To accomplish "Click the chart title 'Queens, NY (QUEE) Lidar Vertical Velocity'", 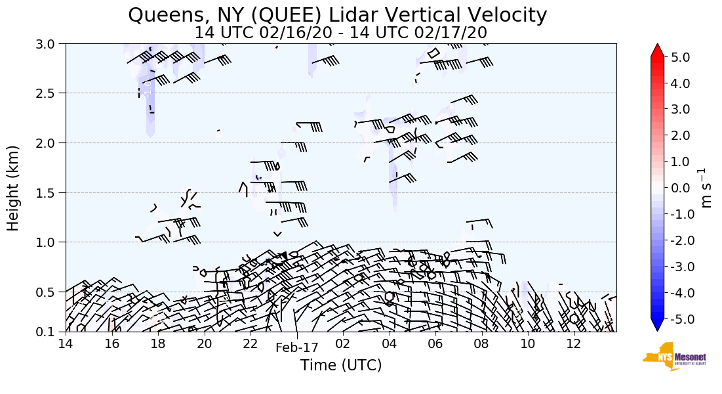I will [337, 14].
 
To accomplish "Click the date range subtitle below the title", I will [340, 32].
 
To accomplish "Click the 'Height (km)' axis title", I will [13, 188].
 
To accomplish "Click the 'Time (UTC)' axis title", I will [340, 365].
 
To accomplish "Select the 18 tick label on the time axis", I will [157, 344].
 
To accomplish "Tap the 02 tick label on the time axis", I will [343, 344].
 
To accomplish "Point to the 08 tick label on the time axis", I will [481, 344].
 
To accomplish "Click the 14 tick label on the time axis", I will [65, 344].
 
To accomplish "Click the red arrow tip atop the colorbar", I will [657, 50].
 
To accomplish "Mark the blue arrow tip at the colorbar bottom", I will [657, 326].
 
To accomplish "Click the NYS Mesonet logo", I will [672, 357].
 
